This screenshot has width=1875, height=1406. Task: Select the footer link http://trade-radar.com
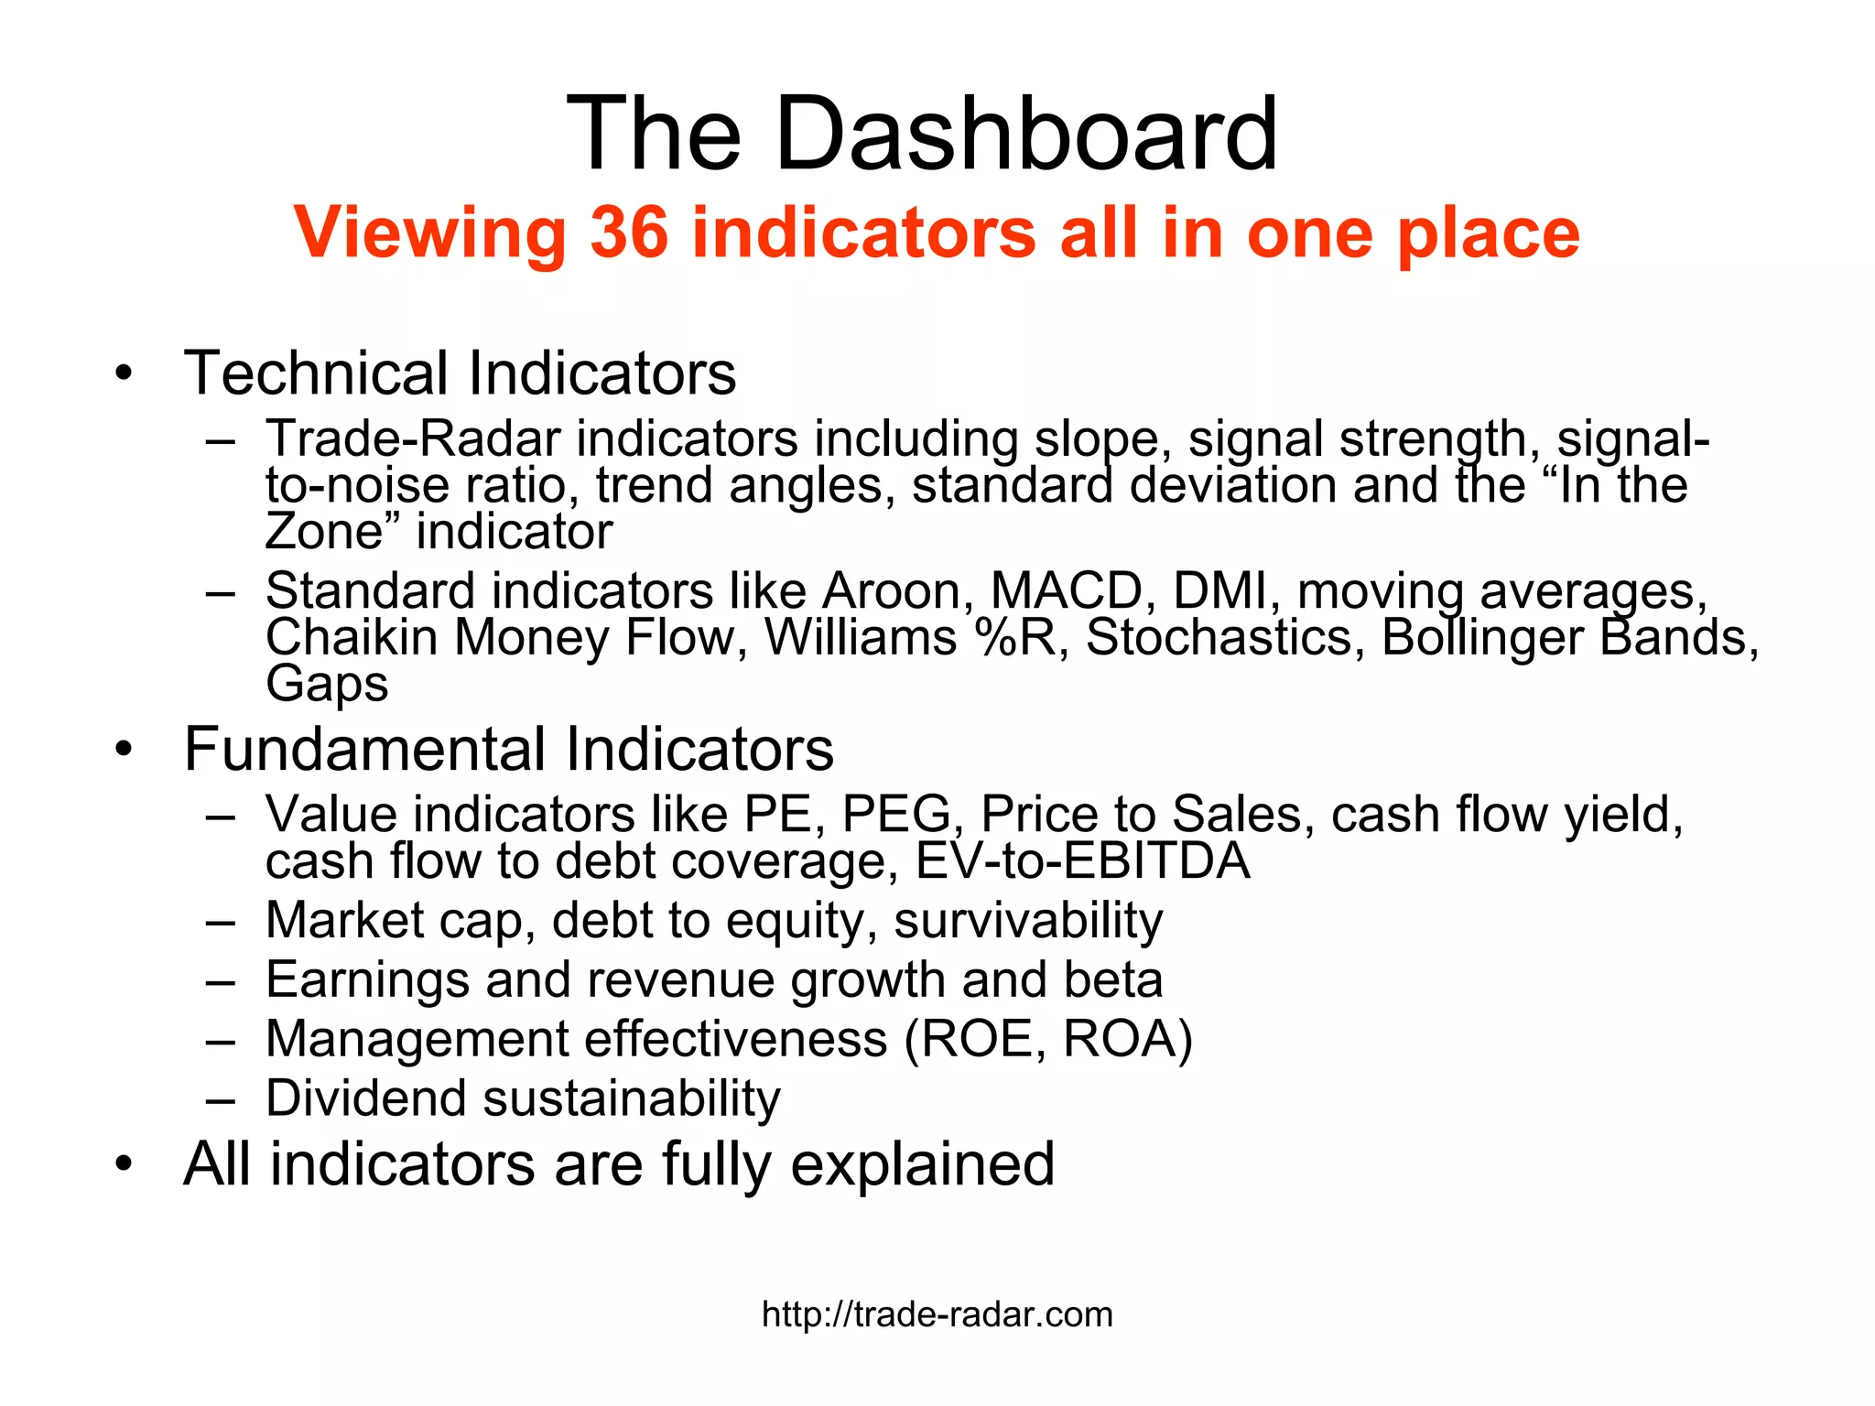(x=937, y=1314)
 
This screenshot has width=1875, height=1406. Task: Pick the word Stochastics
(x=1219, y=637)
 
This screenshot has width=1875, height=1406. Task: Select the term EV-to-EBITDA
(x=1082, y=861)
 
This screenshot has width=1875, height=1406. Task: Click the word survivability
(x=1028, y=920)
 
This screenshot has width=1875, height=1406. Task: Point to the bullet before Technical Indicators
(x=125, y=373)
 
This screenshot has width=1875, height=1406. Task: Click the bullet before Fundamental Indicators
(x=125, y=750)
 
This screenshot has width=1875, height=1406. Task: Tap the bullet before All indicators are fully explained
(x=125, y=1164)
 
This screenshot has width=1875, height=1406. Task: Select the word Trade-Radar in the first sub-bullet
(x=412, y=438)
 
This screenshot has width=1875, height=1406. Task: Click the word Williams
(x=861, y=637)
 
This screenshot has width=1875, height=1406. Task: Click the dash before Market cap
(x=221, y=921)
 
